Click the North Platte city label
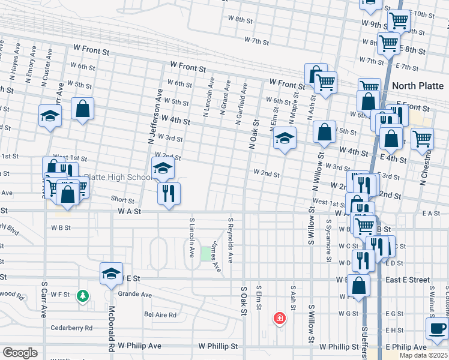pos(418,86)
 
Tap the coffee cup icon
pos(436,328)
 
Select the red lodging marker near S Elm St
pos(279,317)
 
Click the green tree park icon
pos(83,296)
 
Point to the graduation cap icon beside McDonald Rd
pos(110,273)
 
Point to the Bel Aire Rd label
pos(160,314)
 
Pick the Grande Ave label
pos(134,295)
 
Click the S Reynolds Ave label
pos(230,239)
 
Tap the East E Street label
pos(408,280)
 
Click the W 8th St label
pos(240,20)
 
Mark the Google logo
pos(20,353)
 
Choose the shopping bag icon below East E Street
pos(359,285)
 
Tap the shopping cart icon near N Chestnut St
pos(422,138)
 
